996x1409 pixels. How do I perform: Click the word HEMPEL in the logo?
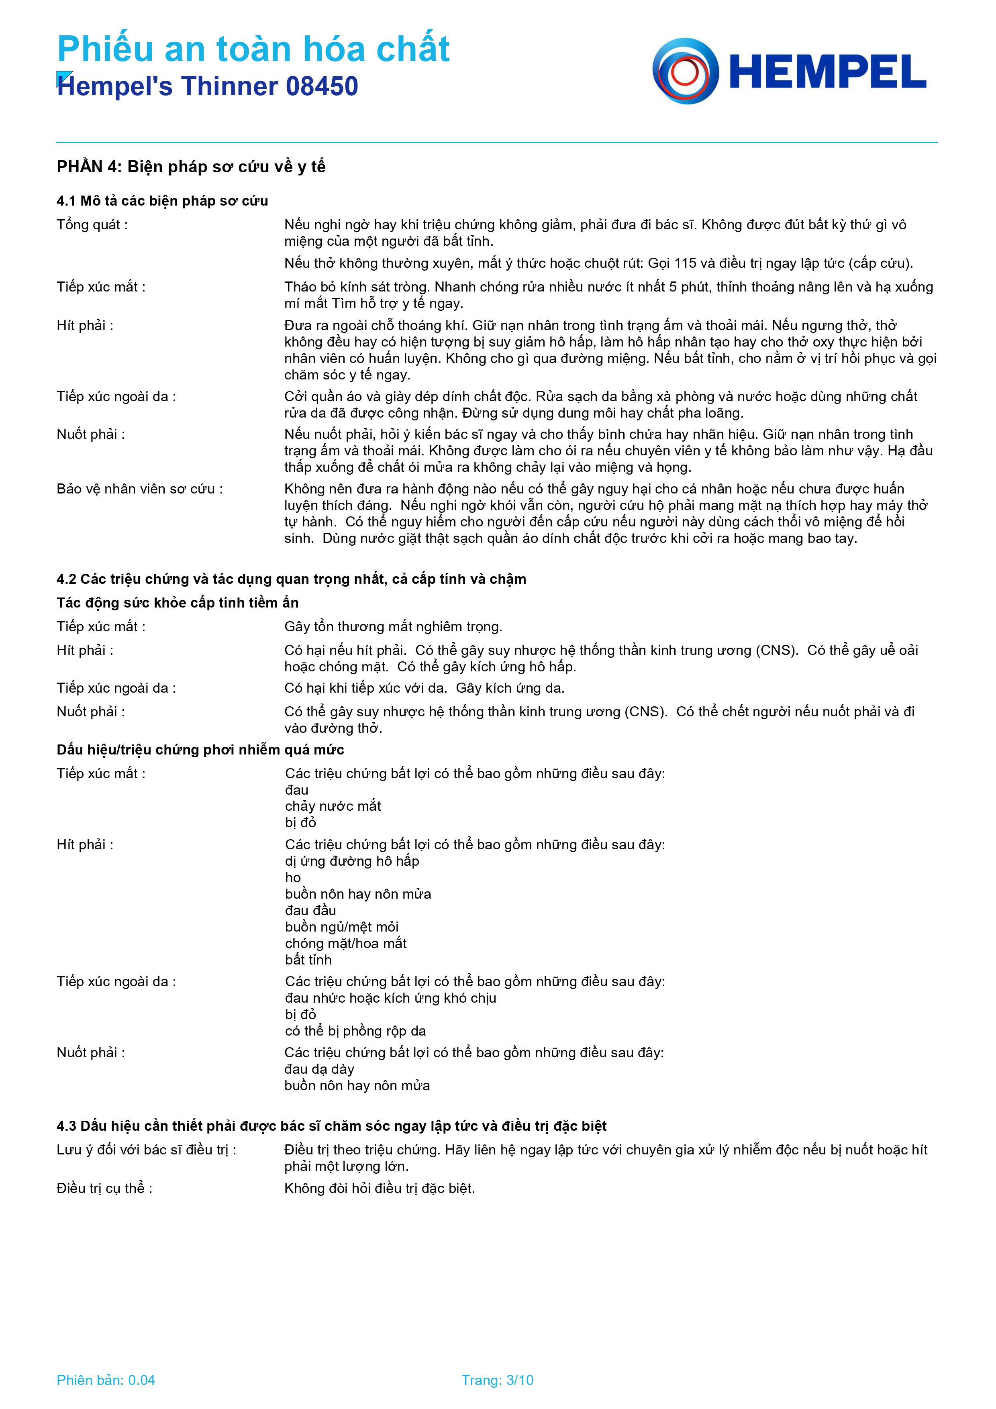(828, 72)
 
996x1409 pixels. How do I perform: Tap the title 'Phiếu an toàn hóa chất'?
(253, 49)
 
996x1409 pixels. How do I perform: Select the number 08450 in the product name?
(322, 86)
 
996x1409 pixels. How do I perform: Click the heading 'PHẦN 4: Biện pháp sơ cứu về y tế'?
(191, 167)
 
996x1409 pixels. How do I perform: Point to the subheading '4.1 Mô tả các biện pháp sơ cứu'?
(162, 201)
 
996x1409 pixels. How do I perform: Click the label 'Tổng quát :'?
(92, 224)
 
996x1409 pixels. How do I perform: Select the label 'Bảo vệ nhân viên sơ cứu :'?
(139, 489)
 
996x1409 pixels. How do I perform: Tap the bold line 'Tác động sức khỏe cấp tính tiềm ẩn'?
(178, 603)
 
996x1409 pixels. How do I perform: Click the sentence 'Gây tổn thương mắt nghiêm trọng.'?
(393, 626)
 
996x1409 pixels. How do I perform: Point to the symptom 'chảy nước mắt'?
(333, 806)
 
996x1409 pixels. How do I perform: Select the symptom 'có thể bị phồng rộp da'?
(355, 1031)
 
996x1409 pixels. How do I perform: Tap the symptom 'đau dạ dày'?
(319, 1069)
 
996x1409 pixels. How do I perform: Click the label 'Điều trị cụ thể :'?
(104, 1189)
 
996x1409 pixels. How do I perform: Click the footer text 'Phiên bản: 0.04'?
(106, 1380)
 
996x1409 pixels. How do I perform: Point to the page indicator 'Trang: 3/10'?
(497, 1380)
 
